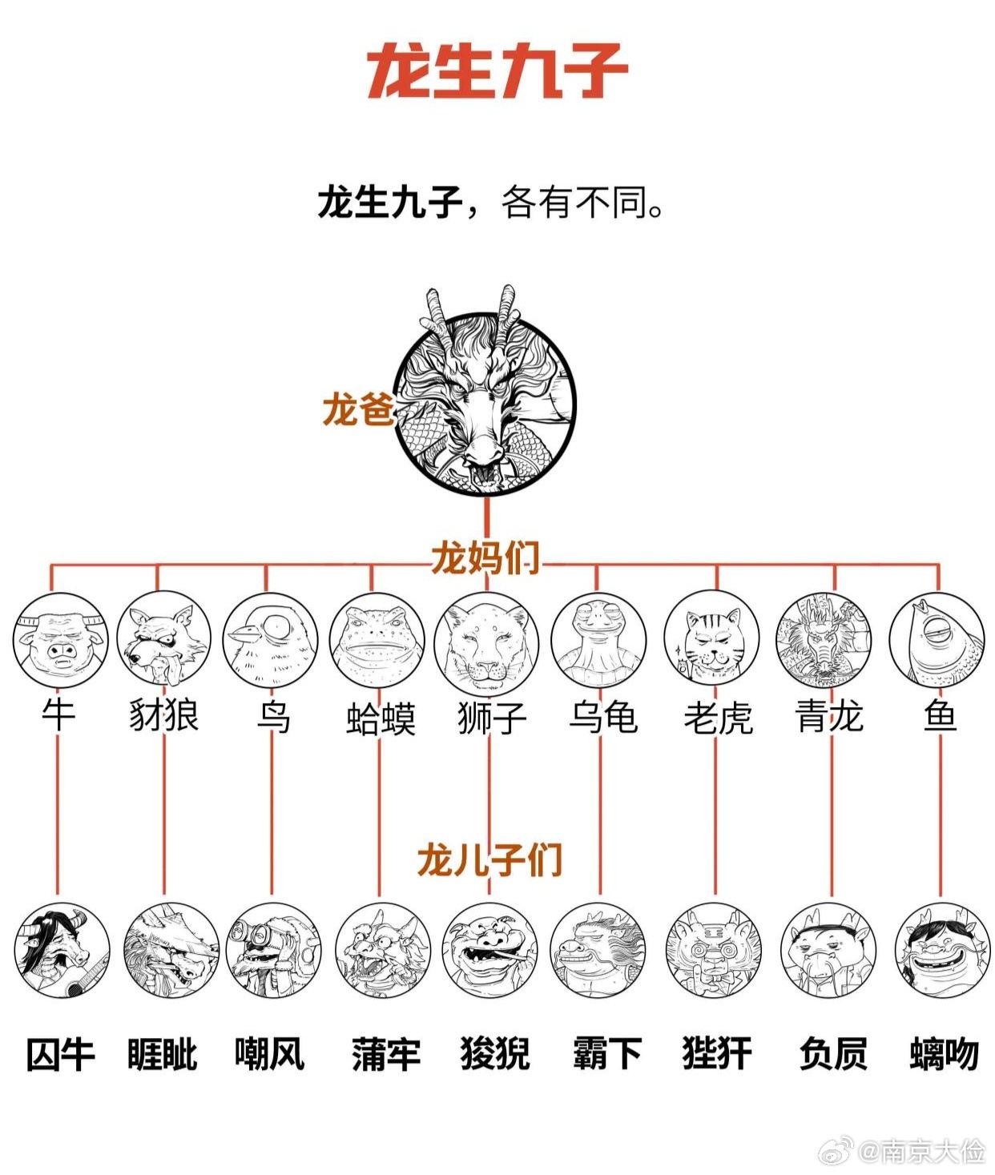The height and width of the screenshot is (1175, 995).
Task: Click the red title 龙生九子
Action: tap(497, 71)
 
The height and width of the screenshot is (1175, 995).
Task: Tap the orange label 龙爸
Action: tap(358, 409)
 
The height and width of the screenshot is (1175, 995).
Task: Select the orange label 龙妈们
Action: tap(485, 557)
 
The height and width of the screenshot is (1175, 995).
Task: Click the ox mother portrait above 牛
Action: tap(60, 640)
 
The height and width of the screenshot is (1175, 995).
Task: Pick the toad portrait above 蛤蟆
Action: tap(377, 640)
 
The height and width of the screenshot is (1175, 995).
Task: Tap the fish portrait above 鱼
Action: tap(937, 640)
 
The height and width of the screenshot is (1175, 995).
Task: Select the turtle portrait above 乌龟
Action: tap(598, 640)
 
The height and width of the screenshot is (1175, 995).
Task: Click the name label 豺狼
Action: tap(164, 716)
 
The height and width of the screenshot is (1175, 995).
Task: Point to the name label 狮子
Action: tap(493, 718)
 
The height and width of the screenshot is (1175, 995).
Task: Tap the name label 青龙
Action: tap(829, 716)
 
